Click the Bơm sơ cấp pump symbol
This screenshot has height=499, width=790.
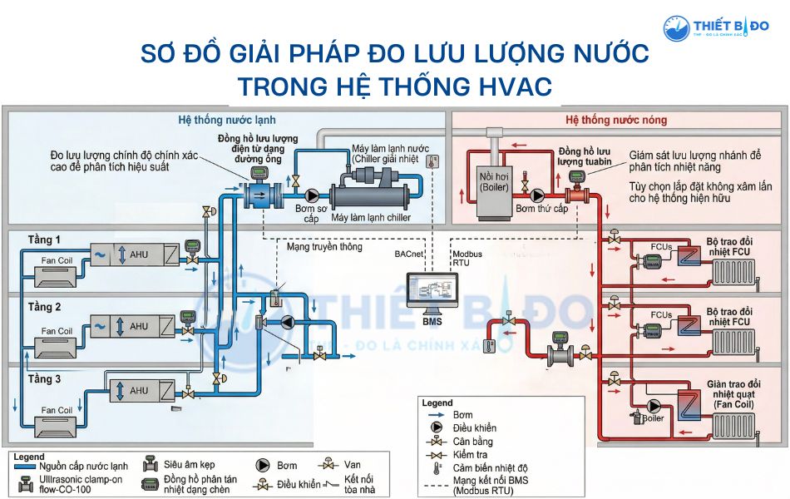click(312, 195)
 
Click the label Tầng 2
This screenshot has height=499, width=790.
click(45, 307)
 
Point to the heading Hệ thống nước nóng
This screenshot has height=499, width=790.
click(616, 121)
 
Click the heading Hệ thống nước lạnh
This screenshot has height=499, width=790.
click(227, 120)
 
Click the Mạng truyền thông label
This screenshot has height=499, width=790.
click(324, 247)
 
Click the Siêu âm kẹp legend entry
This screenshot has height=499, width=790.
click(192, 466)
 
